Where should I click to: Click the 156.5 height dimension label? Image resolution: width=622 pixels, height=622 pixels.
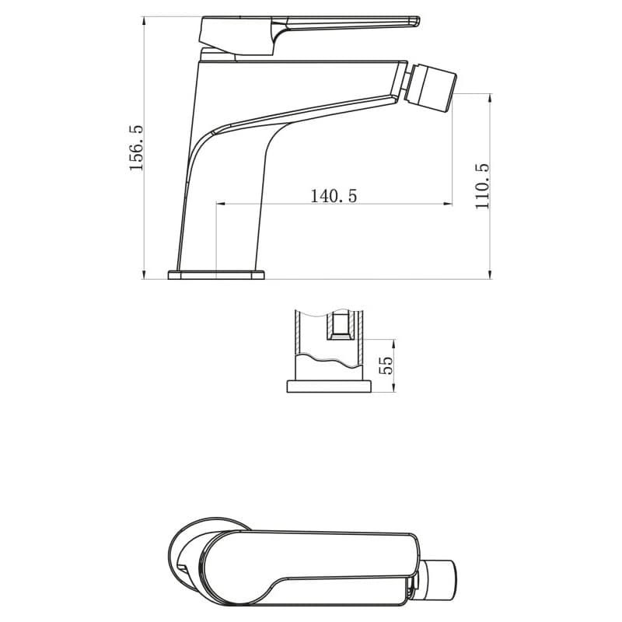click(x=135, y=148)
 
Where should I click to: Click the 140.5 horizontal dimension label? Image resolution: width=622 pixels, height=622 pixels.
click(x=334, y=196)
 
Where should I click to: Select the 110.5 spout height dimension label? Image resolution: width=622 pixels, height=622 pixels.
click(x=483, y=186)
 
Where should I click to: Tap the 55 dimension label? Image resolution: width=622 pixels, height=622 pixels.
click(x=386, y=365)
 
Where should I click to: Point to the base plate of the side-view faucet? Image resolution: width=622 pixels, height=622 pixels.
click(x=216, y=275)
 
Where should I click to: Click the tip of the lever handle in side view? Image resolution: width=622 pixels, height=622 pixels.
click(x=418, y=21)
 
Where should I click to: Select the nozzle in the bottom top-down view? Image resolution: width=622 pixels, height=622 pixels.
click(x=436, y=580)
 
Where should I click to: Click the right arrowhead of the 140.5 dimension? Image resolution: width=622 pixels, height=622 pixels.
click(x=449, y=204)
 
